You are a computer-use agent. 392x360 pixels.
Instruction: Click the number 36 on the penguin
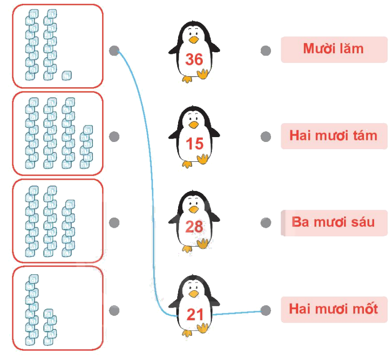point(194,59)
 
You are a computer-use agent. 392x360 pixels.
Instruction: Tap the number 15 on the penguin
point(195,143)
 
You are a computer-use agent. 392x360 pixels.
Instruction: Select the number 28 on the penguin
point(194,227)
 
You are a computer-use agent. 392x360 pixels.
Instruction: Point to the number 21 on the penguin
point(195,315)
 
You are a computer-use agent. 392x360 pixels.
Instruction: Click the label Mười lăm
point(333,49)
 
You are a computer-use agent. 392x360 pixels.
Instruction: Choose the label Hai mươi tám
point(333,136)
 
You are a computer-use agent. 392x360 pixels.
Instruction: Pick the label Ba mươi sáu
point(333,222)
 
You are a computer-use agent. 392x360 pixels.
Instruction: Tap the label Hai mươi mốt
point(333,309)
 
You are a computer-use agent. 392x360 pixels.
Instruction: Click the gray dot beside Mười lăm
point(265,50)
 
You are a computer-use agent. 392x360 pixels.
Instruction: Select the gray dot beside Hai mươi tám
point(265,137)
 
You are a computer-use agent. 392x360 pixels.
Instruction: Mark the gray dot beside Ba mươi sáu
point(265,223)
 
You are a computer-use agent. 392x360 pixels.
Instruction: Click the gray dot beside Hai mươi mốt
point(265,310)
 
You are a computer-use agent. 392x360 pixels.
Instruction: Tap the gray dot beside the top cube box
point(114,50)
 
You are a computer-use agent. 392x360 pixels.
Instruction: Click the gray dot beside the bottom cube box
point(114,310)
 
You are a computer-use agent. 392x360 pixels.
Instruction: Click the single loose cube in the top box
point(67,75)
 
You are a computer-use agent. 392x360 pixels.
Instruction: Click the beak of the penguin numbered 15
point(194,125)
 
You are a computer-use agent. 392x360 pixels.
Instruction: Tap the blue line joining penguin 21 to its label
point(237,313)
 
